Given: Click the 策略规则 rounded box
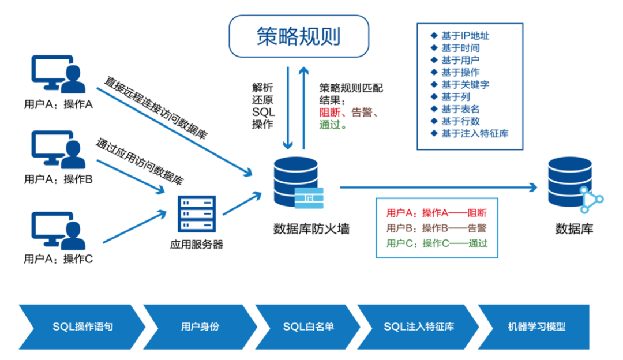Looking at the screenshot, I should [x=299, y=36].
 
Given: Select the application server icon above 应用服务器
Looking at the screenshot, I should [x=197, y=214].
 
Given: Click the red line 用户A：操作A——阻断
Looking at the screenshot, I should [x=437, y=212].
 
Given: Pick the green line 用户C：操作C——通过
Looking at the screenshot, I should [x=437, y=243].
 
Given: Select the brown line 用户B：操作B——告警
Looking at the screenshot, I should [x=437, y=227].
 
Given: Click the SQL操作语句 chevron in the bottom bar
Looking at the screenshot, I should [x=81, y=327].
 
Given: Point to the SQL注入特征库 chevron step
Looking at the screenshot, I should [x=419, y=327].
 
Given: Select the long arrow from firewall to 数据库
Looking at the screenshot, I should [x=438, y=187].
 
